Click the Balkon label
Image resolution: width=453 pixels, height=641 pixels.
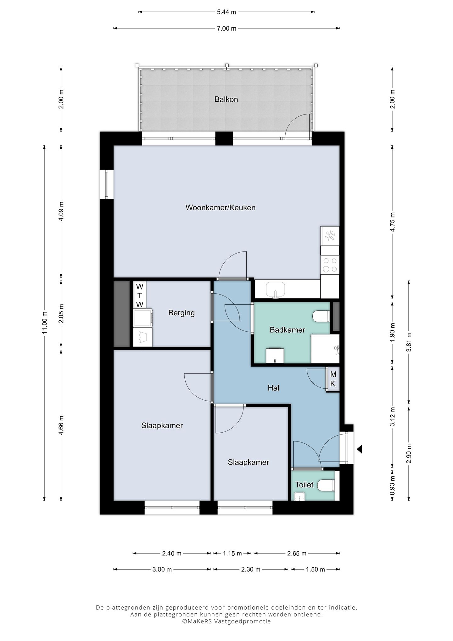click(x=226, y=99)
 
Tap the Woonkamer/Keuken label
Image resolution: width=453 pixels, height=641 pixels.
click(x=220, y=208)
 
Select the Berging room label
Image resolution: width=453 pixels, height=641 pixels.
click(x=182, y=313)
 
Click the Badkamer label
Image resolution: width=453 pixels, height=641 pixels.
click(x=287, y=330)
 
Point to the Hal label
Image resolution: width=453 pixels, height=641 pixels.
click(x=273, y=388)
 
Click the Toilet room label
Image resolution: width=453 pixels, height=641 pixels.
click(x=304, y=485)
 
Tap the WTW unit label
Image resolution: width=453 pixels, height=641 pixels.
click(x=140, y=295)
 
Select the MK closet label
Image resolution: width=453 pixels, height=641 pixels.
click(x=333, y=379)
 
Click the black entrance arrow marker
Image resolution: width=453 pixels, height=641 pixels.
click(x=359, y=449)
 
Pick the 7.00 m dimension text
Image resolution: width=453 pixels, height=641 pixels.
click(x=226, y=28)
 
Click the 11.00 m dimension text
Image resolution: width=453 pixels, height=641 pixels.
click(x=45, y=323)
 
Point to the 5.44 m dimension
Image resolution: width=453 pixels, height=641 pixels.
click(x=226, y=12)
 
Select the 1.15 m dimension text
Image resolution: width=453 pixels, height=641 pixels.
click(x=232, y=553)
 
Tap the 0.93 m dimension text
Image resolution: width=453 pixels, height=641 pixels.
click(x=392, y=484)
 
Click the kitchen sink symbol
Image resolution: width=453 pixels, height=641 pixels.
click(x=276, y=290)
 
